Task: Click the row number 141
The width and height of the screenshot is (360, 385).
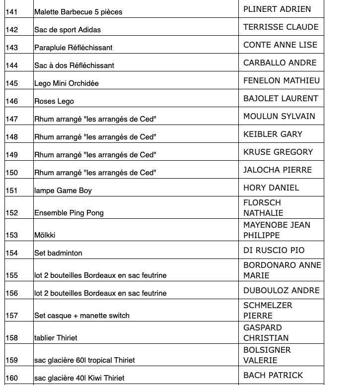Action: (11, 12)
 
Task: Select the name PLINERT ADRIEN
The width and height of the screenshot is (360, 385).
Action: (277, 9)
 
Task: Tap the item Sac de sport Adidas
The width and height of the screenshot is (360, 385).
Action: (68, 30)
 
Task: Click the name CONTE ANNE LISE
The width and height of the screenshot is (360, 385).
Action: (280, 45)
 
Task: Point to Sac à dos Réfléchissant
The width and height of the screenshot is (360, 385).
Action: (74, 65)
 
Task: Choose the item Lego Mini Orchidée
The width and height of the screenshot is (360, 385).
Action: (67, 83)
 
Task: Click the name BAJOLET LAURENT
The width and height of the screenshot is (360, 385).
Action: (281, 98)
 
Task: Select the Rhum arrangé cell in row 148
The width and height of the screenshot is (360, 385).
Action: (95, 137)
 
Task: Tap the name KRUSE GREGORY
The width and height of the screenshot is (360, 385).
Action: (278, 152)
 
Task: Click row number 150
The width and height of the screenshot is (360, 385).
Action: (11, 173)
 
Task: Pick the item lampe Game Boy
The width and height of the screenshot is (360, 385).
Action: (63, 191)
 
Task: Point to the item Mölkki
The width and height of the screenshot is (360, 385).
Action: (45, 235)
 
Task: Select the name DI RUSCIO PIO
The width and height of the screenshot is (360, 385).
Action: (274, 250)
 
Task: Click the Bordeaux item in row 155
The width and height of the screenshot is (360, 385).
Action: (100, 275)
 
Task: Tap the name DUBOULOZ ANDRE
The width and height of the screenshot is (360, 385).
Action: (281, 290)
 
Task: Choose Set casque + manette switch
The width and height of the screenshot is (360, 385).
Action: (82, 316)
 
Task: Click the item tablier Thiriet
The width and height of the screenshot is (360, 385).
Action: (56, 338)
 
